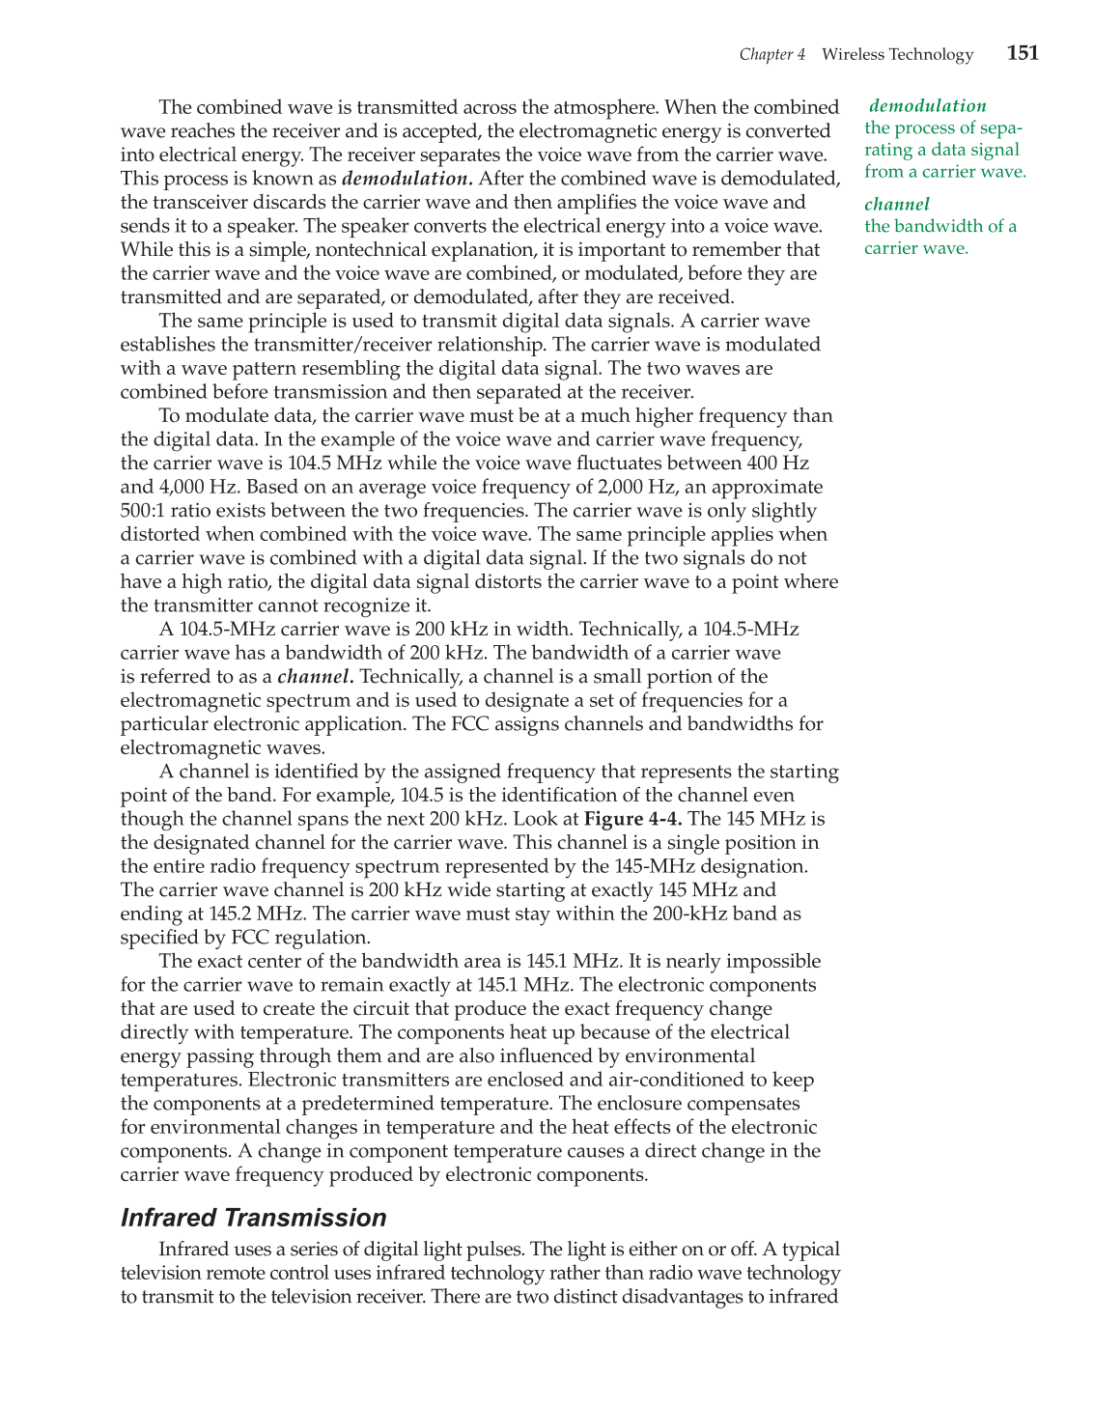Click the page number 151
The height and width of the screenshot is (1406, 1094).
[1023, 53]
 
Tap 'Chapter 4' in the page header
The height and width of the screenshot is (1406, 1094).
[771, 55]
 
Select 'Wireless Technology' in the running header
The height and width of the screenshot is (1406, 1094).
[897, 55]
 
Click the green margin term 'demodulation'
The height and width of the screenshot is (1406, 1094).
[927, 106]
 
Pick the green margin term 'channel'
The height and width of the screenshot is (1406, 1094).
[897, 205]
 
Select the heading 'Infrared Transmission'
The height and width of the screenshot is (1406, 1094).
[253, 1218]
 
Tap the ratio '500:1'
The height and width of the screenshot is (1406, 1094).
[143, 511]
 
